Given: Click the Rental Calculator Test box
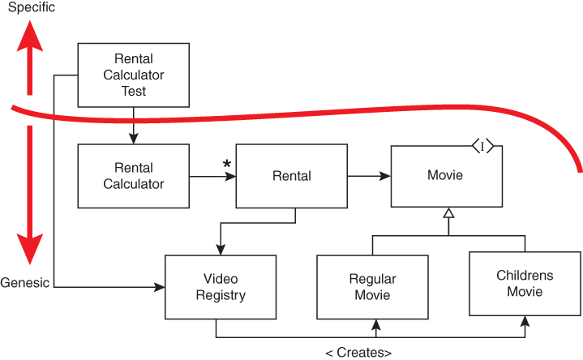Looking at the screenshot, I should pyautogui.click(x=134, y=75).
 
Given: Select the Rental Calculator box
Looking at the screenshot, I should pyautogui.click(x=134, y=176).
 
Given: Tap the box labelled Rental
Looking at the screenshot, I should pyautogui.click(x=292, y=175).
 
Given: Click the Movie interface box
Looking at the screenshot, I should pyautogui.click(x=446, y=176).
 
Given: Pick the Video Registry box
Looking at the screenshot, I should pyautogui.click(x=215, y=286).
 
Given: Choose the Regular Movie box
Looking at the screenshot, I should pyautogui.click(x=372, y=287).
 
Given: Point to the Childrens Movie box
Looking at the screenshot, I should pyautogui.click(x=525, y=283).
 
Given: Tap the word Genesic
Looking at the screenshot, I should pyautogui.click(x=25, y=283).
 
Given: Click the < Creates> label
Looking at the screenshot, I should pyautogui.click(x=358, y=353).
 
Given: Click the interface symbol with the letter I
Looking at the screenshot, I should pyautogui.click(x=483, y=146).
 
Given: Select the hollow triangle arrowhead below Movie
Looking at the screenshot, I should pyautogui.click(x=448, y=214).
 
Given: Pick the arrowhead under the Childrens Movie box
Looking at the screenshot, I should pyautogui.click(x=525, y=320).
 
